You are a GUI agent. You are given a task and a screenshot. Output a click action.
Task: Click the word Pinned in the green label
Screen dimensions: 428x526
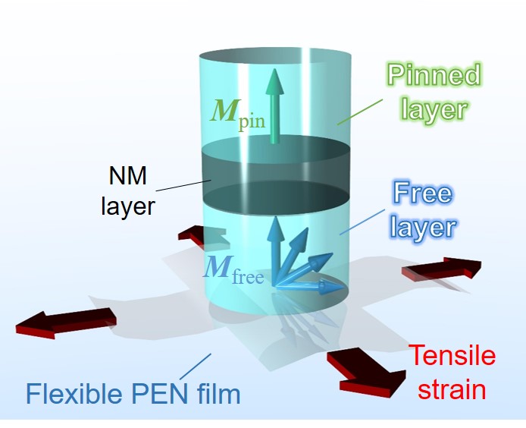434,76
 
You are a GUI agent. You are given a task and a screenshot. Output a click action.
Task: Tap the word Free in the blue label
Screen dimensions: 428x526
423,194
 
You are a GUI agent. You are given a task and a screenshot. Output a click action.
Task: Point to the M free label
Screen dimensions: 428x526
230,270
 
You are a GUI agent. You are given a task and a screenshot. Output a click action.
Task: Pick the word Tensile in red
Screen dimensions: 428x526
452,356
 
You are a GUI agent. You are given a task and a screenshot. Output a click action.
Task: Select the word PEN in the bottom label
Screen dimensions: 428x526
165,394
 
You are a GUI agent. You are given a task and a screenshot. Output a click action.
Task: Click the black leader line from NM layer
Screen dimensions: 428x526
186,185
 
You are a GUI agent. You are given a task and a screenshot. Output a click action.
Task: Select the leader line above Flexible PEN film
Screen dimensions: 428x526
197,366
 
